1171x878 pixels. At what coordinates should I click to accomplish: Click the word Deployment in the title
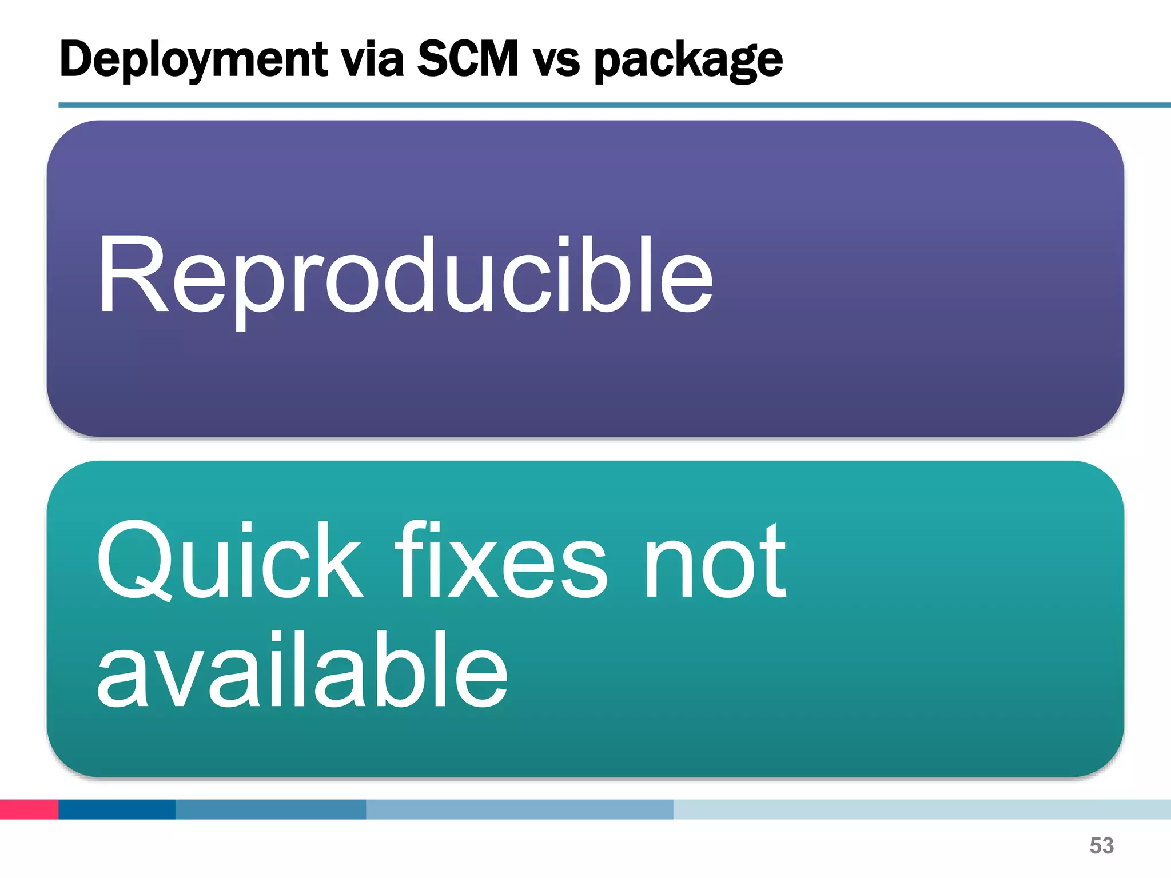[194, 59]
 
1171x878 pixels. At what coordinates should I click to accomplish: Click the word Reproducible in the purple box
[405, 277]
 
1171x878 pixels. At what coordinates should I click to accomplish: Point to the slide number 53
[1101, 845]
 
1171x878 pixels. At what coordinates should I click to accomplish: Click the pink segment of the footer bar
[29, 809]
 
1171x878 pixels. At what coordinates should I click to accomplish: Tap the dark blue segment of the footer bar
[117, 809]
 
